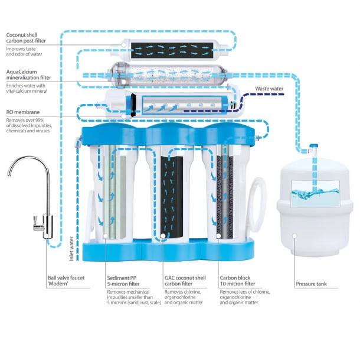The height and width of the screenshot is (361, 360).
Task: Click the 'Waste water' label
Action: [x=269, y=89]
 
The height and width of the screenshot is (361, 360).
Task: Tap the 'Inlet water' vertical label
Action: [x=71, y=249]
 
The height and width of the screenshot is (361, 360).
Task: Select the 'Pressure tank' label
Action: [x=311, y=284]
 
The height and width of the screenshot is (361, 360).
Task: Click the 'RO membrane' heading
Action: [x=23, y=112]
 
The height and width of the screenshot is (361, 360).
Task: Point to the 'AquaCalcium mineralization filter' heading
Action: [x=28, y=74]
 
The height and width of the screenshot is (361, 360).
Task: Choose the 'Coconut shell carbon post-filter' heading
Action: [x=26, y=38]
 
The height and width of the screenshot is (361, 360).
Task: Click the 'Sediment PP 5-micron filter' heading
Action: [x=123, y=281]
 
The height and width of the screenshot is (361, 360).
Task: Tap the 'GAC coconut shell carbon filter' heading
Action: [x=185, y=281]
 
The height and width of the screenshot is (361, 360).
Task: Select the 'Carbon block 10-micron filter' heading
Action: [x=237, y=281]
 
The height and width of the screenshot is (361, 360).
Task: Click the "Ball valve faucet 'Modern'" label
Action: [x=66, y=281]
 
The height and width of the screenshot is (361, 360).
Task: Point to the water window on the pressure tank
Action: [x=315, y=193]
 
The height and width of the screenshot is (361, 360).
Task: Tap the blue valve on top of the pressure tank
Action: [x=314, y=146]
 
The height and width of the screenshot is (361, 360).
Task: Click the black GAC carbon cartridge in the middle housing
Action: [x=172, y=197]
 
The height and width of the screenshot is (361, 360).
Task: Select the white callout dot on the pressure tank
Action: [x=294, y=236]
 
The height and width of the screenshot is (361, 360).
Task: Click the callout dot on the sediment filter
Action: [x=106, y=236]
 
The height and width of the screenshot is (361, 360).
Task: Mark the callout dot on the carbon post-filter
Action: [x=123, y=45]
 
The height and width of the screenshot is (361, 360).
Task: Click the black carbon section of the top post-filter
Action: [x=172, y=50]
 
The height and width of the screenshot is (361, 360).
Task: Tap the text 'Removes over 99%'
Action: [x=25, y=120]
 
